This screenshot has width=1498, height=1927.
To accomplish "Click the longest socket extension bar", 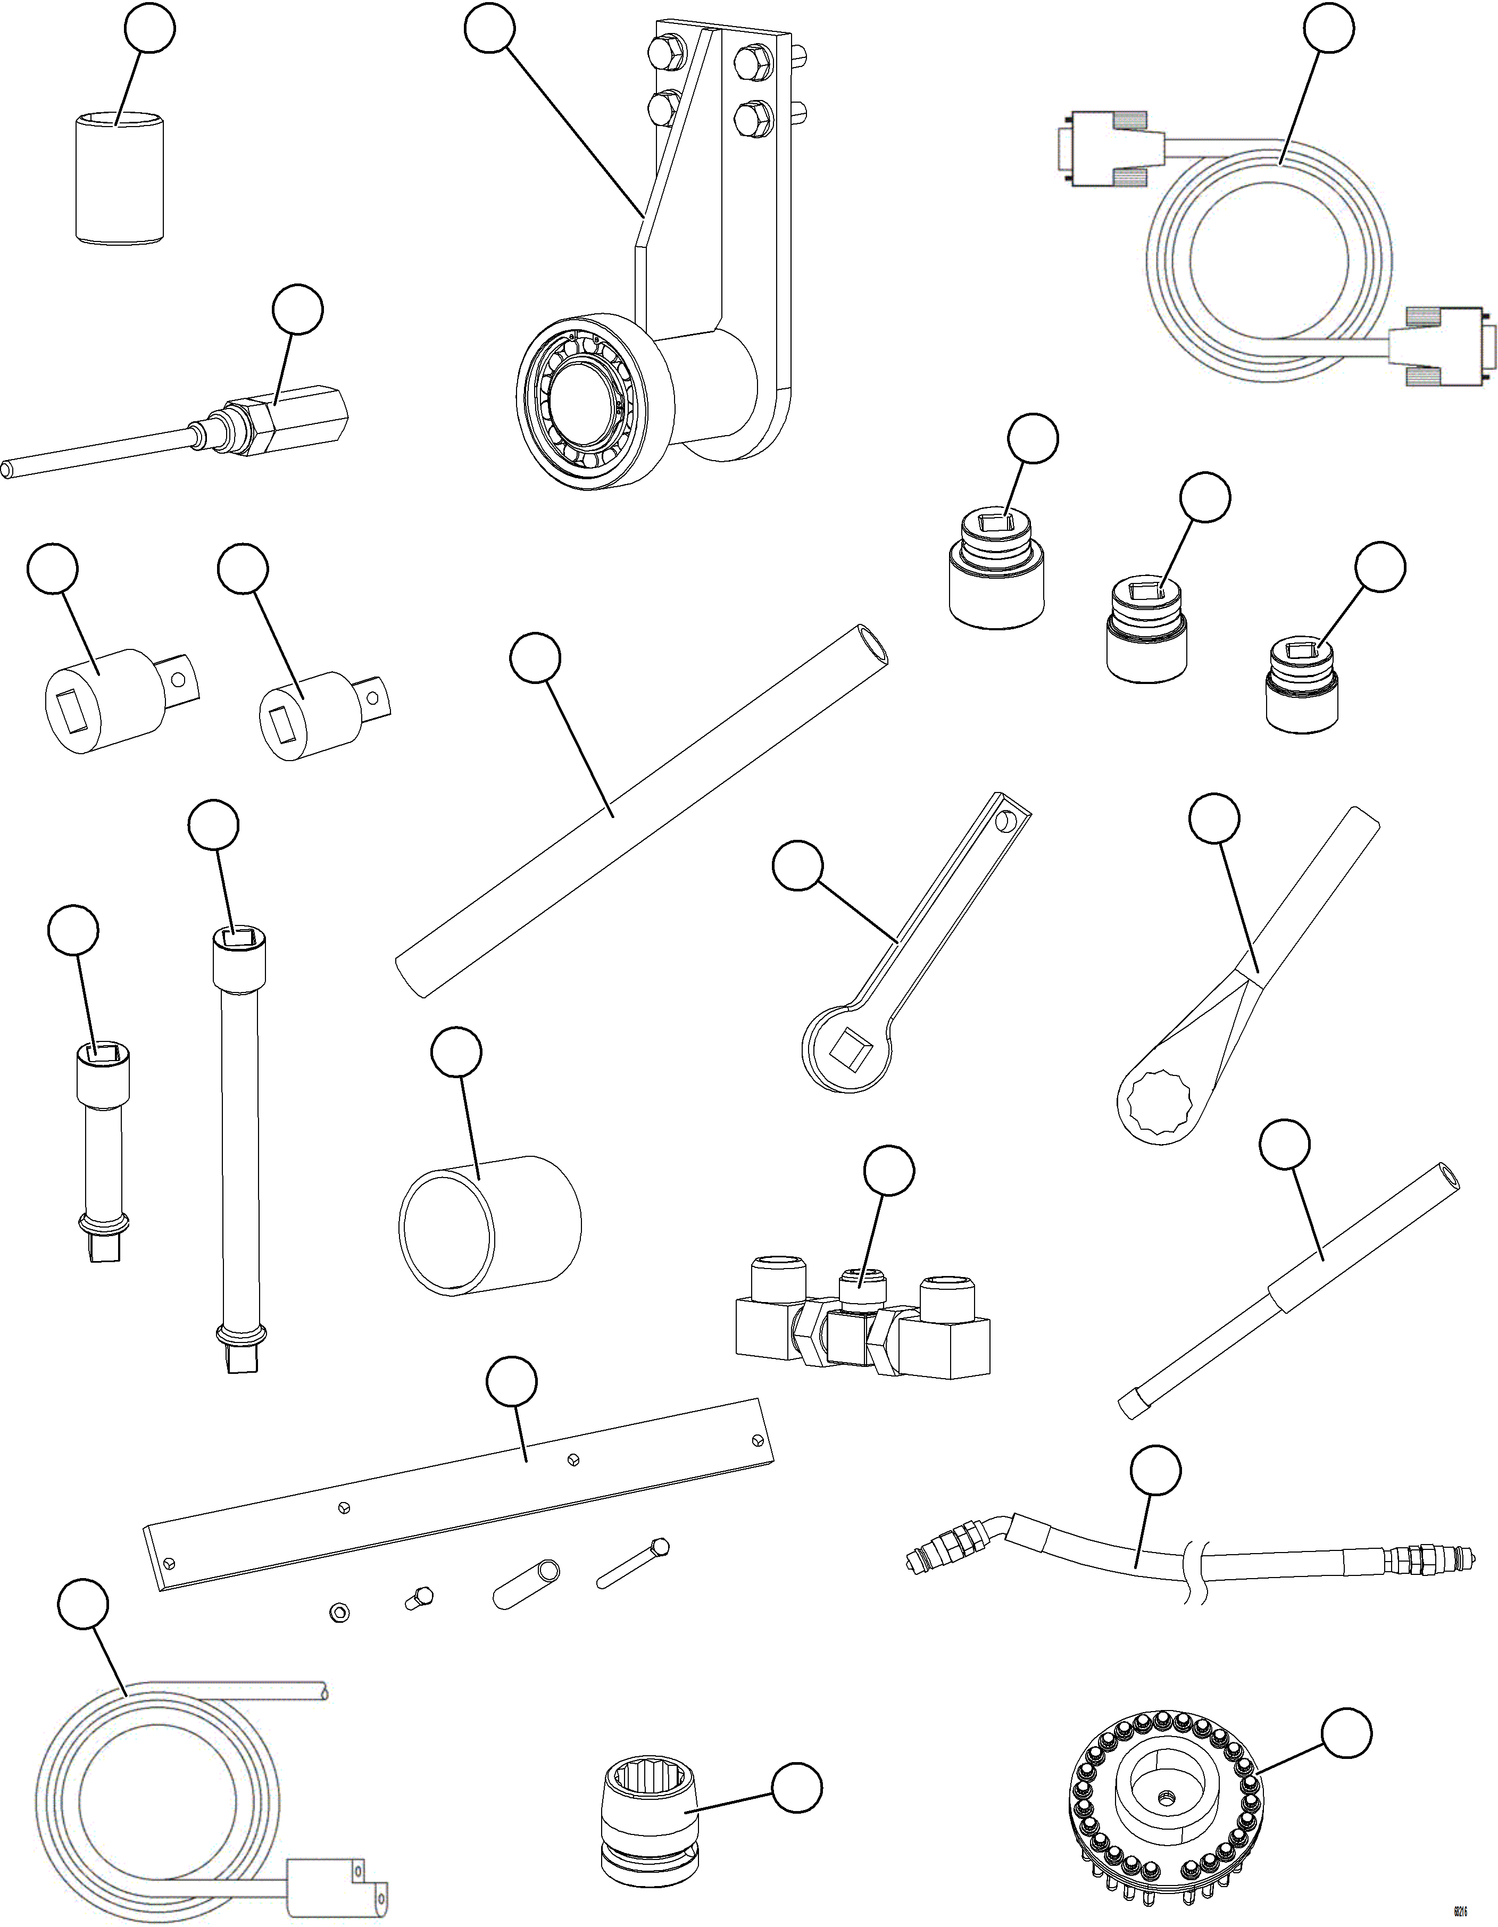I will coord(238,1147).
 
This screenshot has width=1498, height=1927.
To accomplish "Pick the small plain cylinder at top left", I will coord(119,177).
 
